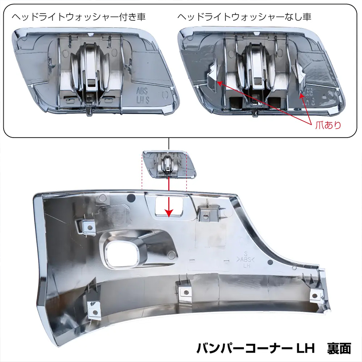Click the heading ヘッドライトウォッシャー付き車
(x=78, y=17)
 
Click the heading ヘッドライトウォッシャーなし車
(x=244, y=17)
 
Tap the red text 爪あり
(x=328, y=125)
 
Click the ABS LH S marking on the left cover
(x=143, y=95)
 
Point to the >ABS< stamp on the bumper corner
(x=245, y=259)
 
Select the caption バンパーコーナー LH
(x=256, y=348)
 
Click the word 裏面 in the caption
(x=339, y=348)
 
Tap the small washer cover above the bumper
(x=169, y=164)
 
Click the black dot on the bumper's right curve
(x=270, y=262)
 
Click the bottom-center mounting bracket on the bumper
(x=186, y=291)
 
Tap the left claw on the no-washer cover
(x=213, y=76)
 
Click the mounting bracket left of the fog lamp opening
(x=89, y=228)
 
